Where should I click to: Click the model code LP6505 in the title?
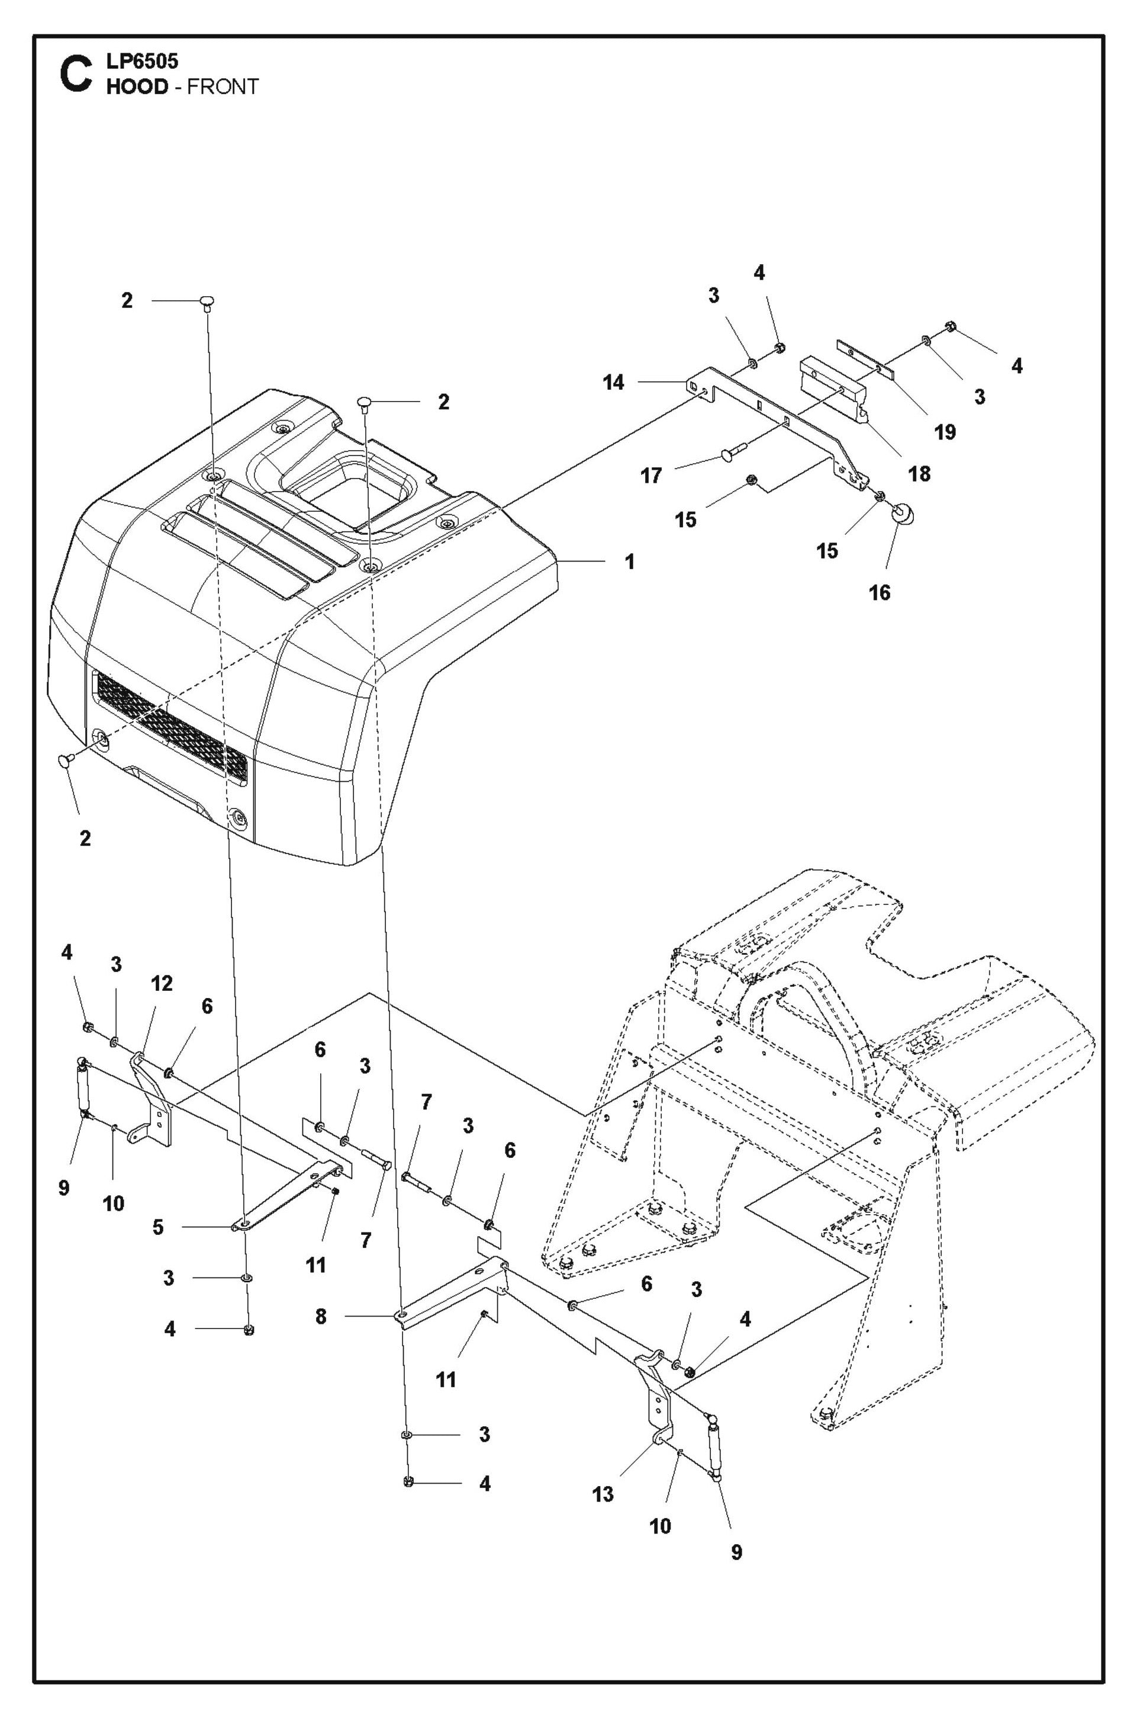141,60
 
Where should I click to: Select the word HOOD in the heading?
137,86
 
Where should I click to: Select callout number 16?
878,593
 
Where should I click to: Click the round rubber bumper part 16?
900,514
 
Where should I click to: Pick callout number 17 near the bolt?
650,476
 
